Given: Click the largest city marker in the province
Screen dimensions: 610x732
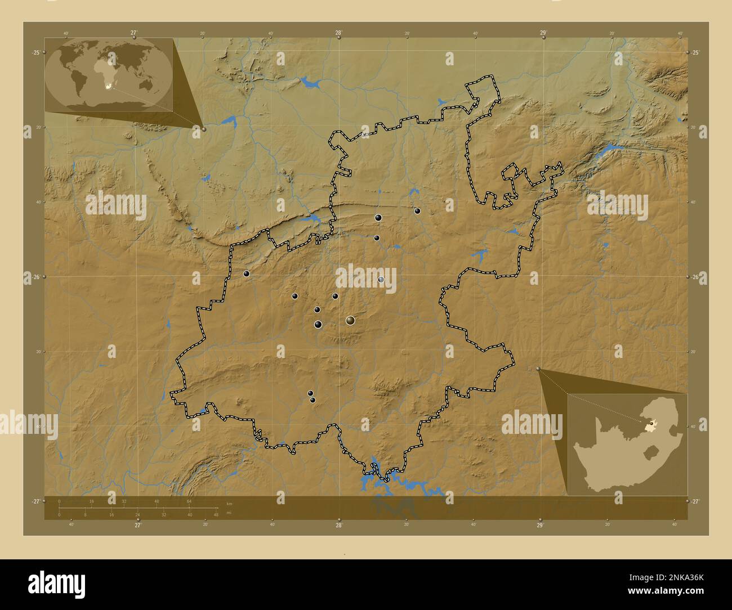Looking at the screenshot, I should tap(350, 320).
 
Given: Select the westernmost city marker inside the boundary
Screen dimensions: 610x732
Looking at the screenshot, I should tap(247, 273).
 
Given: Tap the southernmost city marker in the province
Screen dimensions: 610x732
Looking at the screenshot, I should tap(313, 400).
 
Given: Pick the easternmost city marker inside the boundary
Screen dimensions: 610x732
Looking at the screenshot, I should tap(417, 211).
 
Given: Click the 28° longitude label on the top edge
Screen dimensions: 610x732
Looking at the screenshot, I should tap(338, 33).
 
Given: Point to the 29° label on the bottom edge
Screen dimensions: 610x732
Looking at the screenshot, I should tap(539, 525).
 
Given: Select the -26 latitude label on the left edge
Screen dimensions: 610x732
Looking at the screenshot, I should tap(35, 277).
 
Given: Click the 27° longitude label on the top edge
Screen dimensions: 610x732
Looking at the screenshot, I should tap(134, 33).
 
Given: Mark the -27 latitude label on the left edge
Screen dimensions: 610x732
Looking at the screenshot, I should tap(35, 501).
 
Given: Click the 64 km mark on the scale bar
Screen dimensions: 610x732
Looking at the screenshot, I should tap(190, 501).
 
